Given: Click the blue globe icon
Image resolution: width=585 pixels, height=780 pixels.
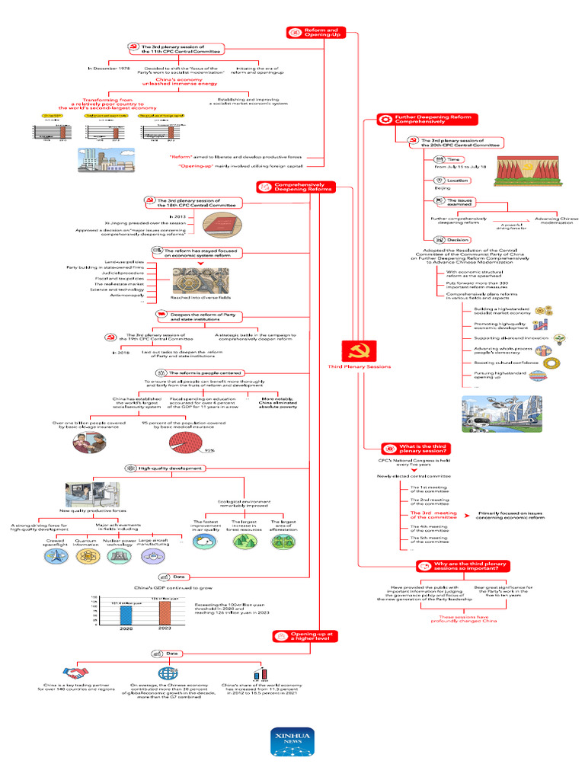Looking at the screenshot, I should pyautogui.click(x=166, y=673).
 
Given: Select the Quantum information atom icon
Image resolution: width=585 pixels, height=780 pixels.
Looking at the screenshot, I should pyautogui.click(x=86, y=555).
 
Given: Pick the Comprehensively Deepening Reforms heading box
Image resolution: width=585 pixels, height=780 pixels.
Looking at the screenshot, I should pyautogui.click(x=295, y=187).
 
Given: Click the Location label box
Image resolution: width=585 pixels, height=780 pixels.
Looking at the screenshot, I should pyautogui.click(x=451, y=181).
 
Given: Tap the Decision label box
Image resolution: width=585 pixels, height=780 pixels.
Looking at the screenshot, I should pyautogui.click(x=451, y=240).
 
